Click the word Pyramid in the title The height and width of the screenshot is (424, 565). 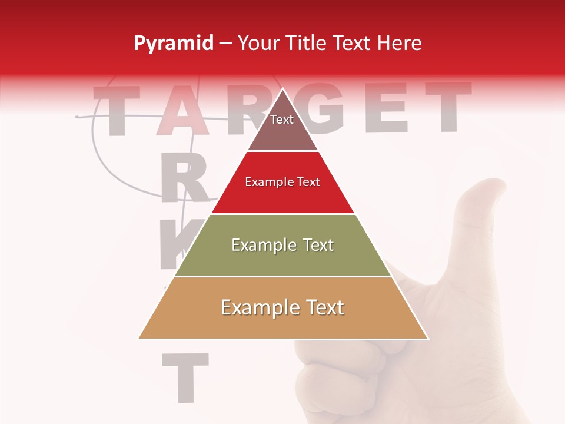click(x=173, y=44)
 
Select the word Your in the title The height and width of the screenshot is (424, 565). click(x=258, y=43)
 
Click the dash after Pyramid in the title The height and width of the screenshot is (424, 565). click(x=225, y=44)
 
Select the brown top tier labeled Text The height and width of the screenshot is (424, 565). click(x=282, y=127)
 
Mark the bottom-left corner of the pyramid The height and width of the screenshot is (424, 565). click(x=139, y=338)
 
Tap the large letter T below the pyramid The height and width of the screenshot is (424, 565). click(x=185, y=377)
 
